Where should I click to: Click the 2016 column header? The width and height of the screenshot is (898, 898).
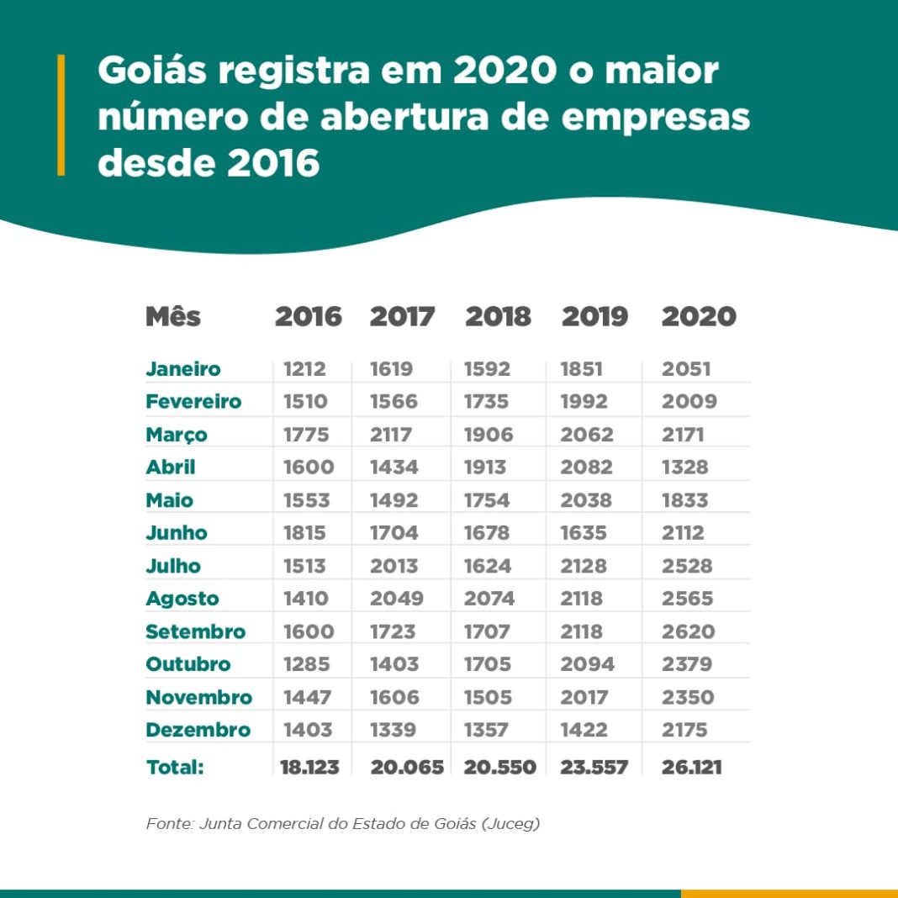(x=309, y=317)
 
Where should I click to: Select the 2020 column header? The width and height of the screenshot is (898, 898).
(x=699, y=317)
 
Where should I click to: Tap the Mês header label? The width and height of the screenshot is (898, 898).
(x=173, y=317)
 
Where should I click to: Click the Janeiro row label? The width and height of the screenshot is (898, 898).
(x=183, y=368)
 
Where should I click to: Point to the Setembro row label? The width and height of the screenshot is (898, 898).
(x=195, y=631)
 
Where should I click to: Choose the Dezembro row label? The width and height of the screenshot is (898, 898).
(x=198, y=730)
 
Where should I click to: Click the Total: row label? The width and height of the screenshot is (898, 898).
(x=175, y=767)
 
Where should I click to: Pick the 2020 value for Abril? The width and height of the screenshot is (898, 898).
(x=684, y=467)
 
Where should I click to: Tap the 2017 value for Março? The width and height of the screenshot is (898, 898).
(x=394, y=435)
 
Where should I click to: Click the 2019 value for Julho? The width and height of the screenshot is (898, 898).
(x=584, y=566)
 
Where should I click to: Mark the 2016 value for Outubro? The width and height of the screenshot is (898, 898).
(x=308, y=664)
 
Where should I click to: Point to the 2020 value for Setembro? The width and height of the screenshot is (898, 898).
(x=688, y=631)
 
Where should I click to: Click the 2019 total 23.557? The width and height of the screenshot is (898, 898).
(x=594, y=767)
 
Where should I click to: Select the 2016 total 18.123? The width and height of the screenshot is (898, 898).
(x=309, y=767)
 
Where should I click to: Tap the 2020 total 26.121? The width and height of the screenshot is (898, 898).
(x=691, y=767)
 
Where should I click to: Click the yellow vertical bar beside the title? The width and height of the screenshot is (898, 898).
(x=61, y=115)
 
